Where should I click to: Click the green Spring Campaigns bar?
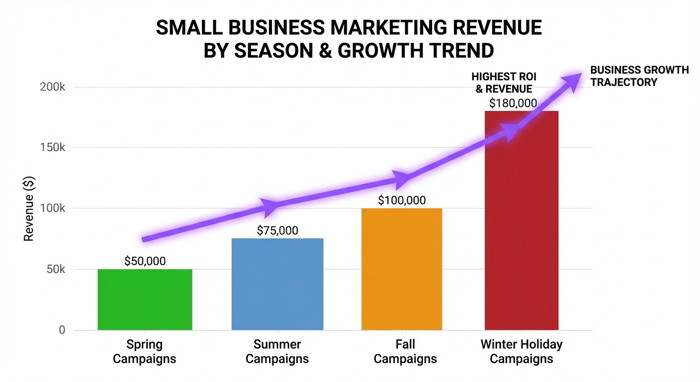tap(145, 299)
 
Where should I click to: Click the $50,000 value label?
tap(145, 261)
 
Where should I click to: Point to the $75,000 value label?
tap(277, 230)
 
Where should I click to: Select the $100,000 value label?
tap(402, 200)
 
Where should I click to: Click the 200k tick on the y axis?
tap(52, 87)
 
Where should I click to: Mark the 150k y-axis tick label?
tap(52, 148)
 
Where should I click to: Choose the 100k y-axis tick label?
tap(52, 208)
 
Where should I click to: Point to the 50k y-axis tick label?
tap(55, 270)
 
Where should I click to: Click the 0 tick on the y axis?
tap(62, 330)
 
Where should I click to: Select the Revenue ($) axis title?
tap(29, 208)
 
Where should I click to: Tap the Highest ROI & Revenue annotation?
tap(504, 83)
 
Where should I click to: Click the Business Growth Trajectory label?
tap(639, 76)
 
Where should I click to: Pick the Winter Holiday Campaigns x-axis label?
tap(522, 351)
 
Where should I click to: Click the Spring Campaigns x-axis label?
tap(145, 351)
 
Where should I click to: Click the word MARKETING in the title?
tap(382, 28)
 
